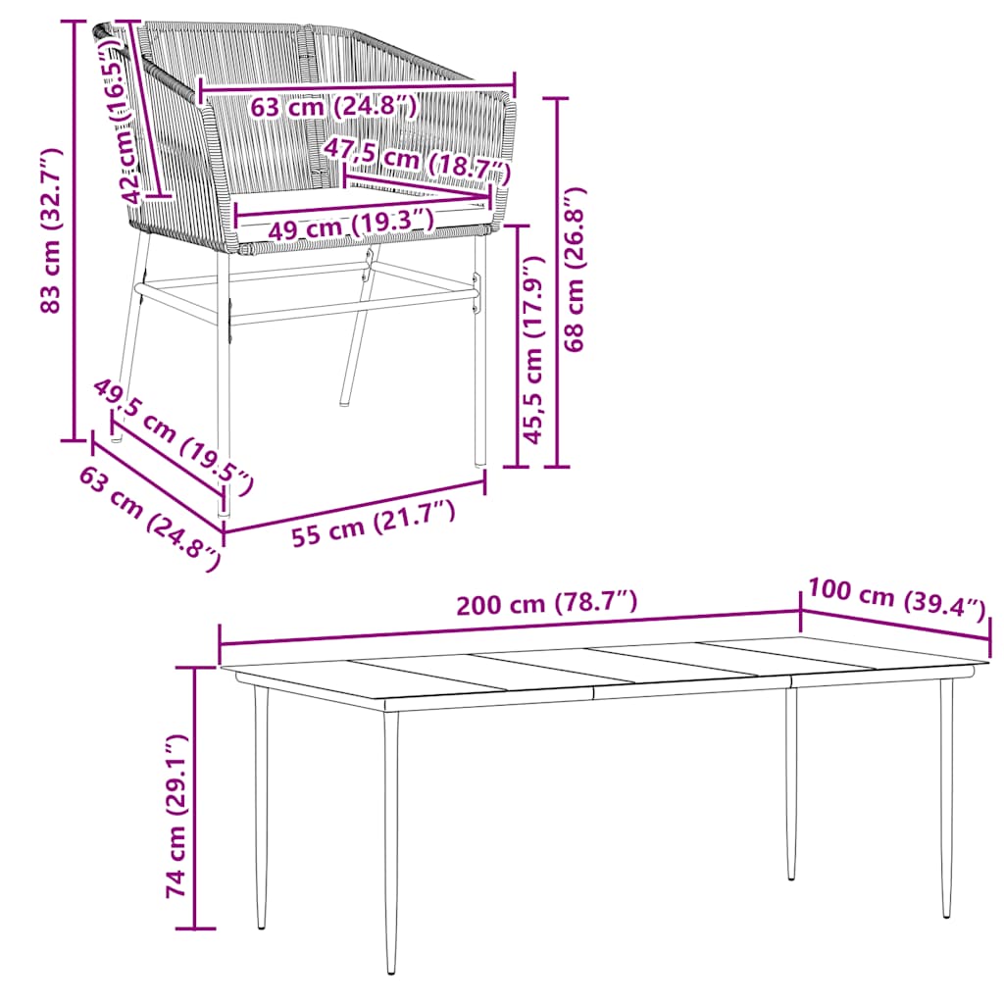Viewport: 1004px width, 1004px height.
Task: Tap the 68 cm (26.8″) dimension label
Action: coord(577,269)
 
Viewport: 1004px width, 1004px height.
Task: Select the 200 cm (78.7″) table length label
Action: coord(547,603)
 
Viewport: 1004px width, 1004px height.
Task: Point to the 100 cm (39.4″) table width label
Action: coord(895,597)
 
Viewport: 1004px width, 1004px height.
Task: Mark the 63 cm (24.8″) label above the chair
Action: coord(334,105)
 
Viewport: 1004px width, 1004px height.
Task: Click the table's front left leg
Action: coord(391,843)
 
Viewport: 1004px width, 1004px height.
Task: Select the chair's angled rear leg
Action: coord(356,333)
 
